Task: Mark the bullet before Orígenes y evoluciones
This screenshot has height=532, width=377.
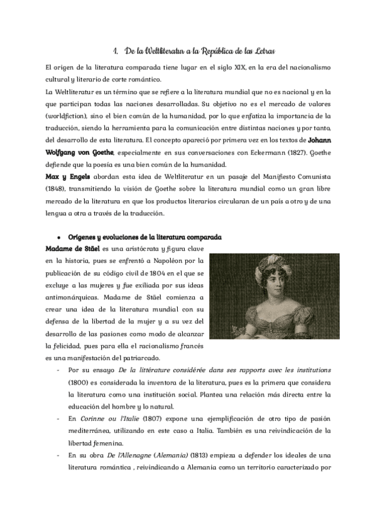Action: pos(58,237)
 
